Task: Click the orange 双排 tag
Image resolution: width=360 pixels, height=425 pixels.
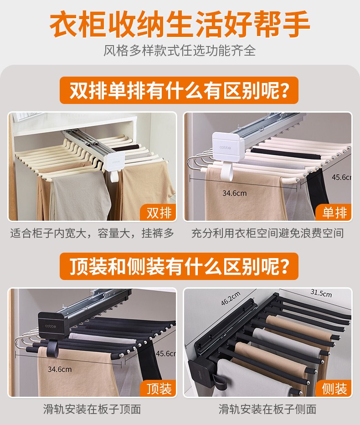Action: pos(158,212)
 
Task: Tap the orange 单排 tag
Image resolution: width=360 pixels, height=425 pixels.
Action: pos(334,212)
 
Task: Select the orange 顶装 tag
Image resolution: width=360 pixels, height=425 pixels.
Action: pos(158,389)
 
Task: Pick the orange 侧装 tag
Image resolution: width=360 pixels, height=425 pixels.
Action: pos(334,389)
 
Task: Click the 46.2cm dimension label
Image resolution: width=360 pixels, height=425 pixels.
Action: pos(231,298)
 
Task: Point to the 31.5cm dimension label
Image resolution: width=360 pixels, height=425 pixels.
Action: pos(321,293)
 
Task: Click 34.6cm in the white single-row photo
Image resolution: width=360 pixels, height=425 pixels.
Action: pos(235,193)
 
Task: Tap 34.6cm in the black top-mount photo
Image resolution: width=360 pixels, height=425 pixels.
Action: pos(60,369)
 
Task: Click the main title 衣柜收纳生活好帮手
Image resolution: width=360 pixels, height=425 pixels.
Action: pos(180,24)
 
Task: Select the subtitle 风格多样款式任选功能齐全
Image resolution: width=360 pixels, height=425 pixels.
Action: pos(180,51)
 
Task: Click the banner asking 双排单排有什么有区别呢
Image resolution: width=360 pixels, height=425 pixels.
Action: pos(179,90)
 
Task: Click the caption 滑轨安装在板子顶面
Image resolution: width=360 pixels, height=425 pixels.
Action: pos(92,409)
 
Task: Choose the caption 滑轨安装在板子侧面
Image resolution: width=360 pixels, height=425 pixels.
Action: pos(267,409)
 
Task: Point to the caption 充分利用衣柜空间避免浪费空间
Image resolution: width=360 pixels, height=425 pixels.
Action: pos(267,233)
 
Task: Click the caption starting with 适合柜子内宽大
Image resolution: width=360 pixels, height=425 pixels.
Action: pos(92,233)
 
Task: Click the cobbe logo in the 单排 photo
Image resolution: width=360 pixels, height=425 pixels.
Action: pos(225,147)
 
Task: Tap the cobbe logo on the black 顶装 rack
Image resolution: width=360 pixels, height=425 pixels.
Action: pos(51,326)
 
